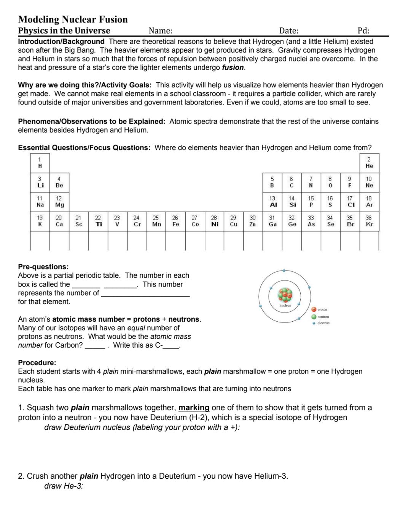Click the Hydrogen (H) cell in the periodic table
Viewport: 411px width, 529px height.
40,163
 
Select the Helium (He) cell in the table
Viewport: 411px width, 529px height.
369,163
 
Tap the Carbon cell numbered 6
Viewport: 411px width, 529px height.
292,183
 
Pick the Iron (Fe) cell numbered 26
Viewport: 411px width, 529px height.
175,221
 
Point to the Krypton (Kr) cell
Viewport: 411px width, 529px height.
369,221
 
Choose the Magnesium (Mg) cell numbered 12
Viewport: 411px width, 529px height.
59,202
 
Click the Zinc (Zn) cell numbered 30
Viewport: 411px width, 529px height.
253,221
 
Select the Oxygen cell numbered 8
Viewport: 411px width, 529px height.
330,183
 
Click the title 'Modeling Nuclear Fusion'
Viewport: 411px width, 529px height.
73,19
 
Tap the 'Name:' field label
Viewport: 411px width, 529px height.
160,31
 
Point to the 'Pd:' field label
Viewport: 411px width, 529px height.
363,31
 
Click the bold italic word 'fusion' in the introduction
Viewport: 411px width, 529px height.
233,67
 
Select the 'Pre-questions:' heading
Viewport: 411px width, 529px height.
43,267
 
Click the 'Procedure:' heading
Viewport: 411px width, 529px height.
37,362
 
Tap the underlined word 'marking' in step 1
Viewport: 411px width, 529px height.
194,408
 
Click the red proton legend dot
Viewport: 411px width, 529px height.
314,309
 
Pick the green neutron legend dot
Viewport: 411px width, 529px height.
314,317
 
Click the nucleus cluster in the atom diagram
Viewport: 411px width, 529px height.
285,295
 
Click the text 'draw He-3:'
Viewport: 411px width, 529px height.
64,486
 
